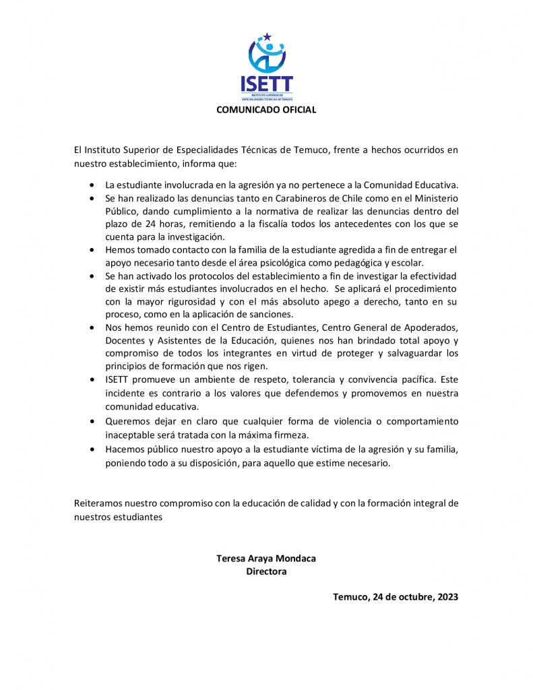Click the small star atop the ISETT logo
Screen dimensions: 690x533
267,36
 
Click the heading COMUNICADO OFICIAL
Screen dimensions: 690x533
266,110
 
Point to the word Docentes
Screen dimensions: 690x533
125,340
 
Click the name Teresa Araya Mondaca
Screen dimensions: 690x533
266,558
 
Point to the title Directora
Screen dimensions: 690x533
266,571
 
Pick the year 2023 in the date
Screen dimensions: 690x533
445,597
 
